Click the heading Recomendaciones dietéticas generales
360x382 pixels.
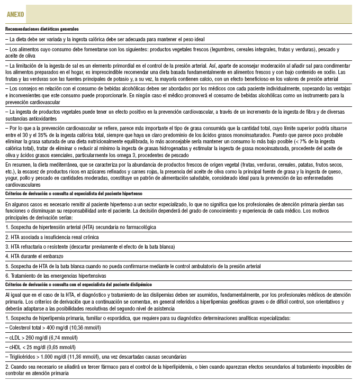(42, 29)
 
